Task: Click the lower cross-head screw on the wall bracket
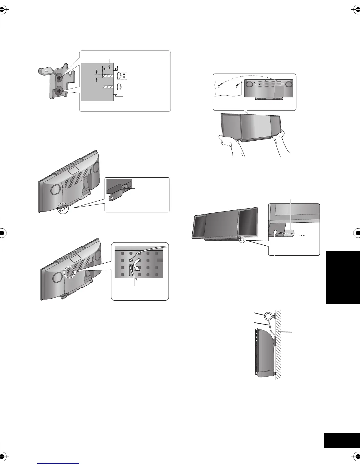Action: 59,91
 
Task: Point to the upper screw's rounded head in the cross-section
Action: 120,76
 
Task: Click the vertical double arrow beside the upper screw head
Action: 124,76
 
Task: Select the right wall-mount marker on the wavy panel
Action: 236,87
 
